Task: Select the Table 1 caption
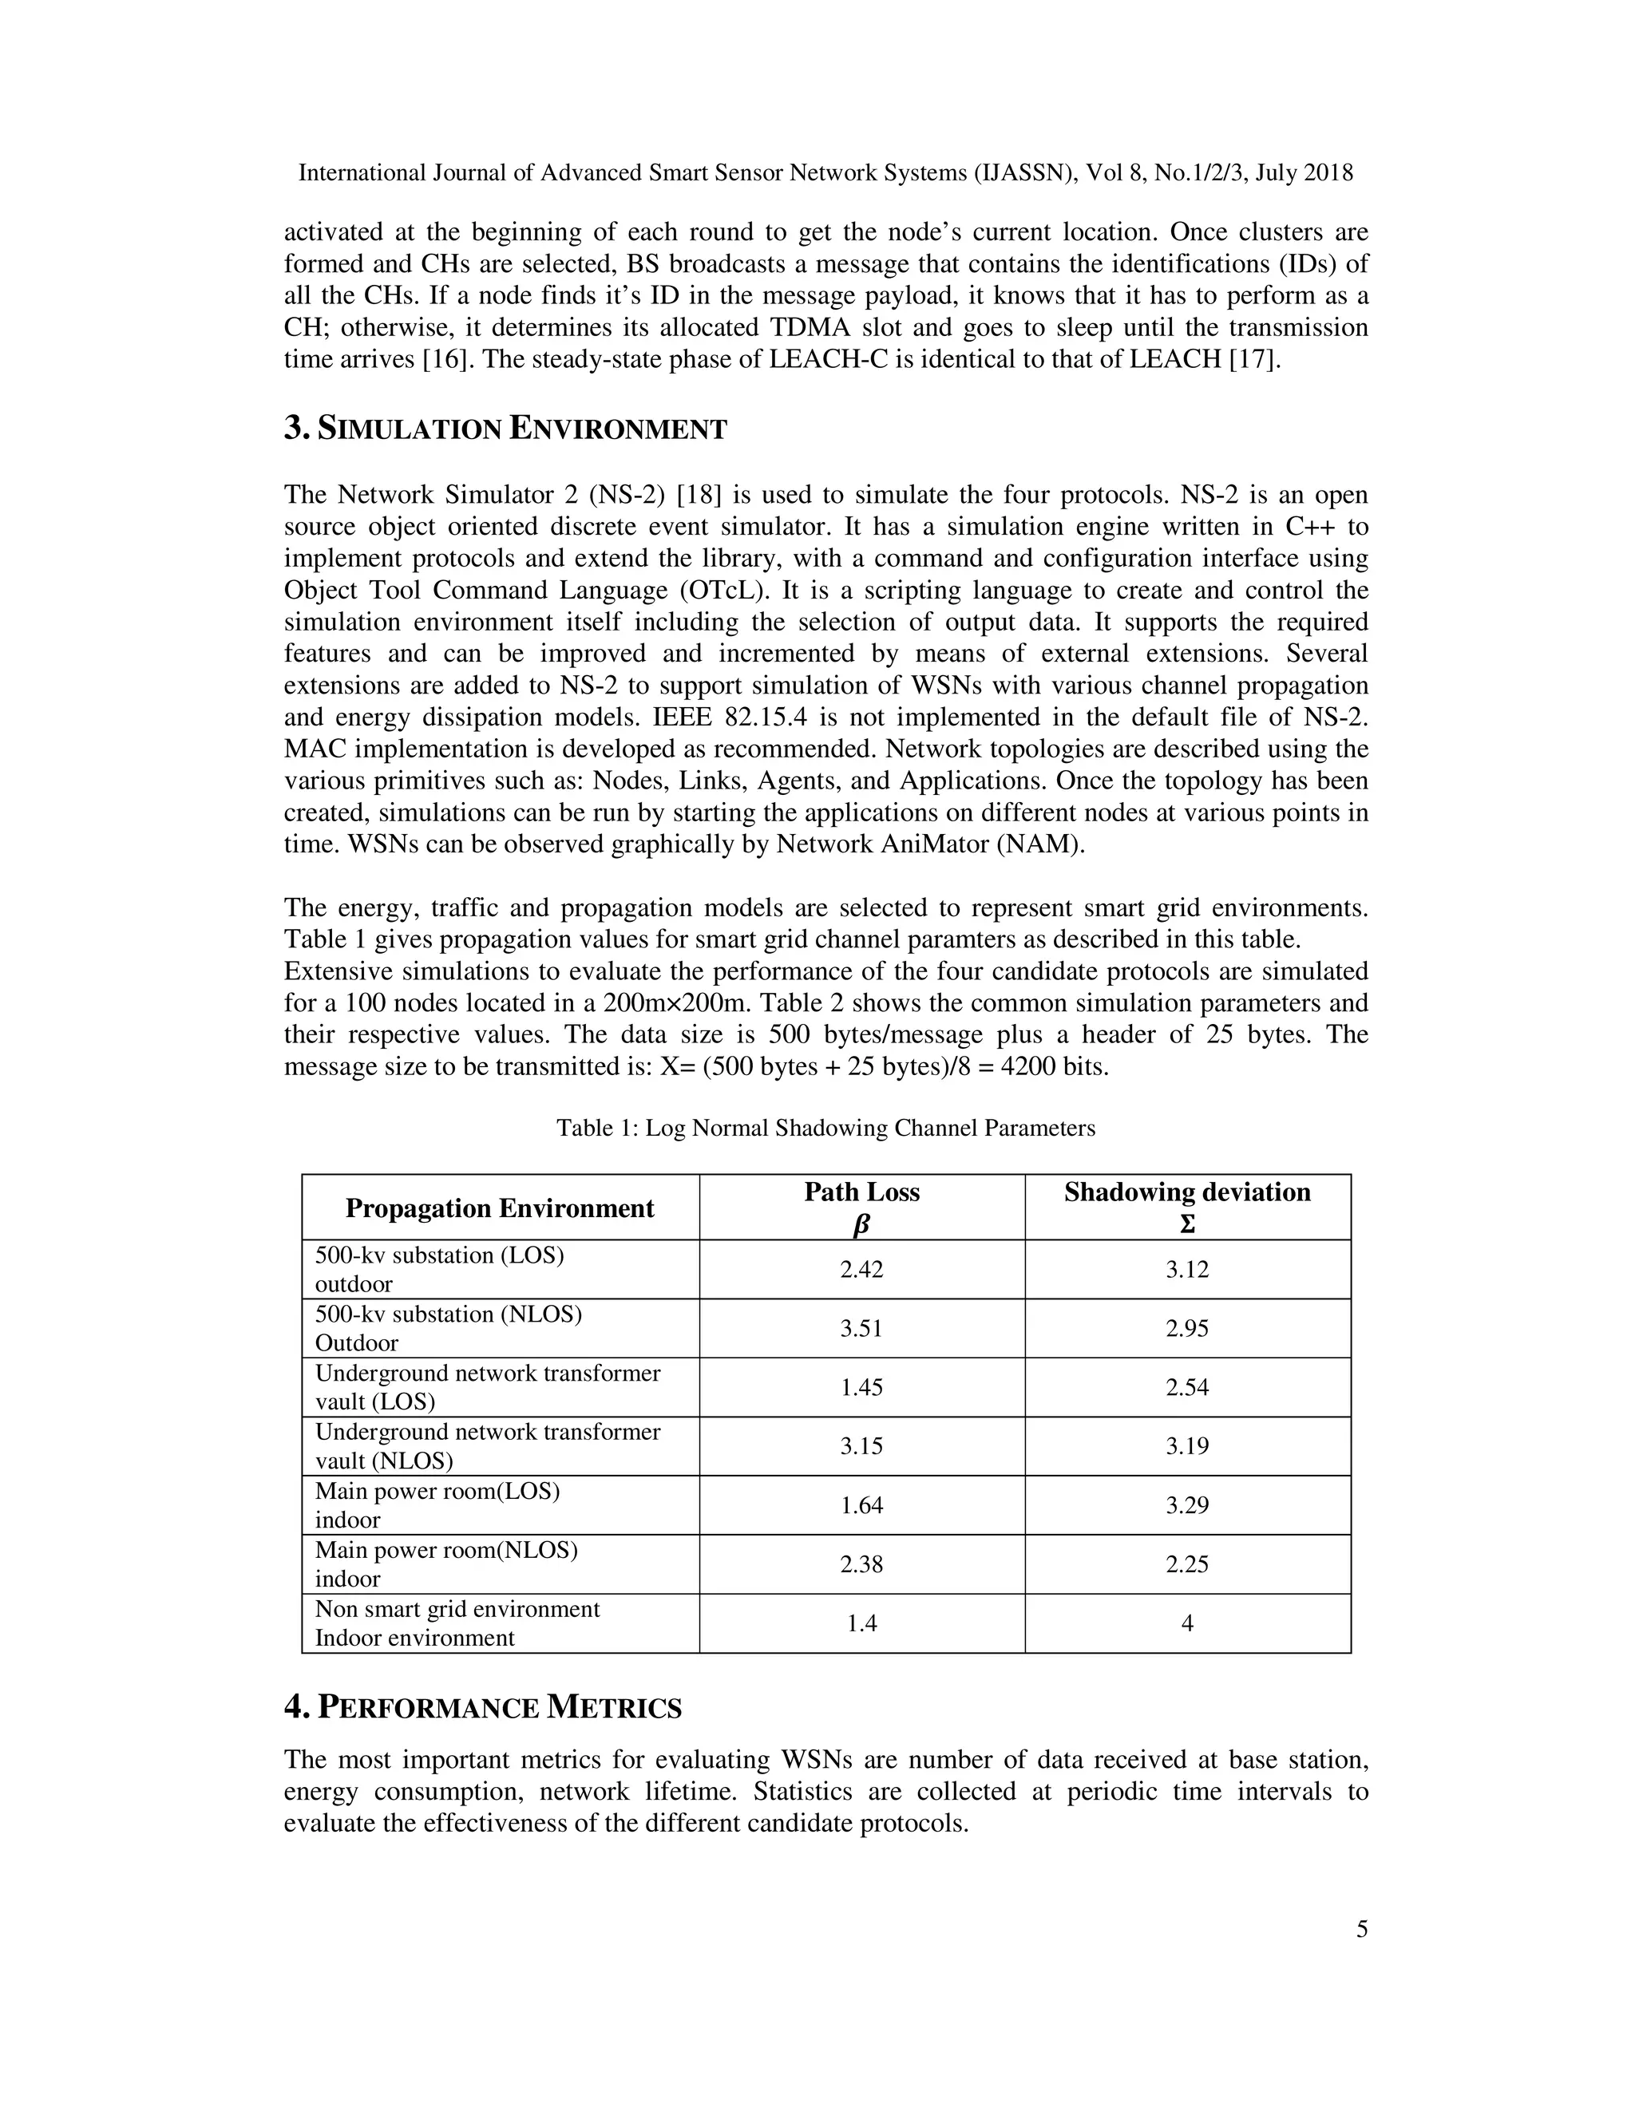pos(825,1129)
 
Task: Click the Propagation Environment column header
pos(500,1208)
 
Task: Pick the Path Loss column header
pos(861,1207)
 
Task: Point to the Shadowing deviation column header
pos(1186,1207)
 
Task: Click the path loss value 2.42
pos(861,1270)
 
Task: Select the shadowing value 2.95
pos(1186,1329)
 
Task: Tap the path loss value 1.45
pos(861,1388)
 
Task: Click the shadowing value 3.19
pos(1186,1446)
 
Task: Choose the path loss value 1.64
pos(861,1505)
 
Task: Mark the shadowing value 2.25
pos(1186,1564)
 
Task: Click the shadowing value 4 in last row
pos(1186,1623)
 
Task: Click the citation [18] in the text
pos(699,495)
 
